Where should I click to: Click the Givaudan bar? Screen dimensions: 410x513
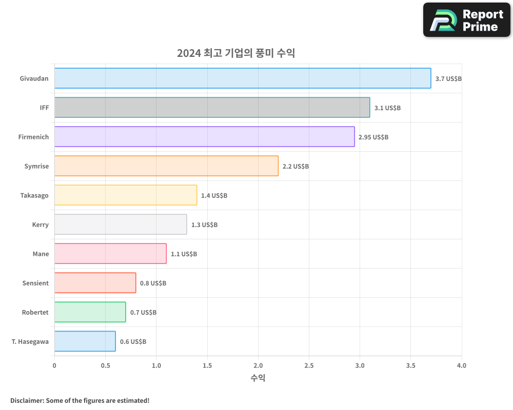[x=242, y=78]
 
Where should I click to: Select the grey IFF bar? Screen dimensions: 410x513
[x=212, y=108]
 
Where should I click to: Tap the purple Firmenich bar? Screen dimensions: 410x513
[x=204, y=137]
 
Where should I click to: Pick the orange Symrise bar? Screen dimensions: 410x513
[x=166, y=166]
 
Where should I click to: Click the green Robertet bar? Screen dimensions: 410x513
[x=90, y=312]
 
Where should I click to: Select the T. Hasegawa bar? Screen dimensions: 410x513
[x=85, y=341]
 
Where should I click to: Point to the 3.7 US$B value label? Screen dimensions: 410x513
[x=448, y=79]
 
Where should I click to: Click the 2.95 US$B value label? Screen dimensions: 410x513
[x=373, y=137]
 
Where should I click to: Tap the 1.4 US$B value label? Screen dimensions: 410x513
[x=214, y=196]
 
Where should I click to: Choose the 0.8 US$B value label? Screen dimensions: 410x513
[x=153, y=283]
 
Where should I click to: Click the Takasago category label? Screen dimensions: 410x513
[x=34, y=195]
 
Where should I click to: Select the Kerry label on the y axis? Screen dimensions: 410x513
[x=40, y=224]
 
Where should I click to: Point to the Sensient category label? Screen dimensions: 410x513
[x=35, y=283]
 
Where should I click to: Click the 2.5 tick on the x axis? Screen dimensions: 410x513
[x=309, y=366]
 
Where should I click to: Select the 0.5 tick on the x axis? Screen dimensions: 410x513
[x=105, y=366]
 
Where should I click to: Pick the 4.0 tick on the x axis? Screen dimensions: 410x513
[x=461, y=366]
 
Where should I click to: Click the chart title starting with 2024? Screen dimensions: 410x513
[x=236, y=53]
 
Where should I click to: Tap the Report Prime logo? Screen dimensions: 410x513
[x=467, y=20]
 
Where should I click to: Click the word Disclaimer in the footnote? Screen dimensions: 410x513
[x=27, y=400]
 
